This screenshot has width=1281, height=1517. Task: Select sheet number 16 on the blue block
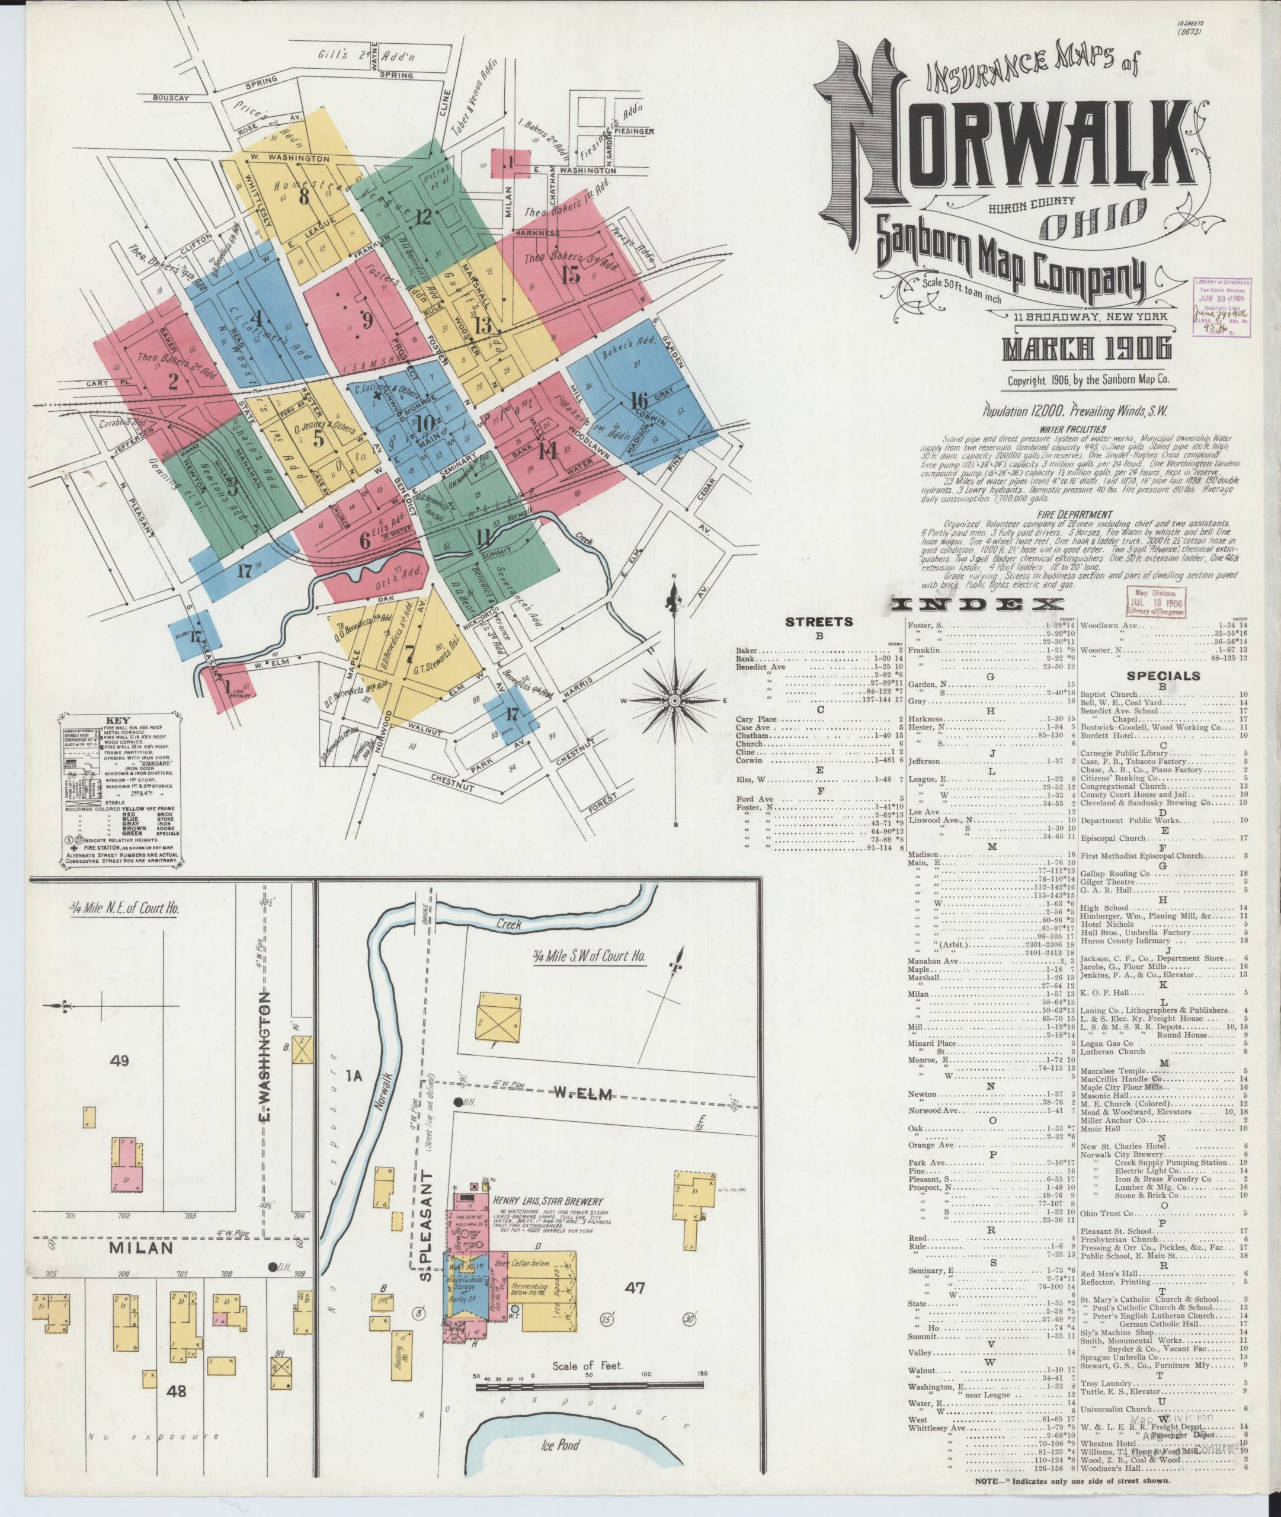click(x=639, y=400)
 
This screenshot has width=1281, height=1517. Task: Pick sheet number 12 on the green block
click(x=424, y=216)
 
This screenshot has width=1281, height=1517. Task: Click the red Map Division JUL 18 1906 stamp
click(x=1155, y=602)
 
